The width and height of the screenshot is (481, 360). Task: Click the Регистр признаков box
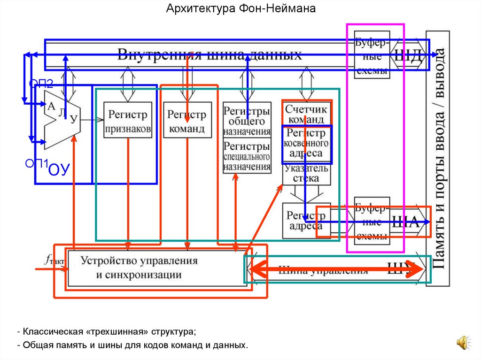(x=128, y=120)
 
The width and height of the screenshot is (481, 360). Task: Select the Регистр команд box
(x=186, y=121)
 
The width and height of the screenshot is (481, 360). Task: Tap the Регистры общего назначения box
(x=247, y=121)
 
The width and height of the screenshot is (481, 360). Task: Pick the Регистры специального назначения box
(x=247, y=156)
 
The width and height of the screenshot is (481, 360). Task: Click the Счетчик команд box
(x=307, y=113)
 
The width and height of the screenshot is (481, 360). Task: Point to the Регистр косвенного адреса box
(x=307, y=143)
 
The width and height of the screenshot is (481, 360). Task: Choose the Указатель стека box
(x=307, y=173)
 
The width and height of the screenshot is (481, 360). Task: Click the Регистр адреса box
(x=306, y=221)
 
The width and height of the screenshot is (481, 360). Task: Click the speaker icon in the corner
(x=463, y=342)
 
